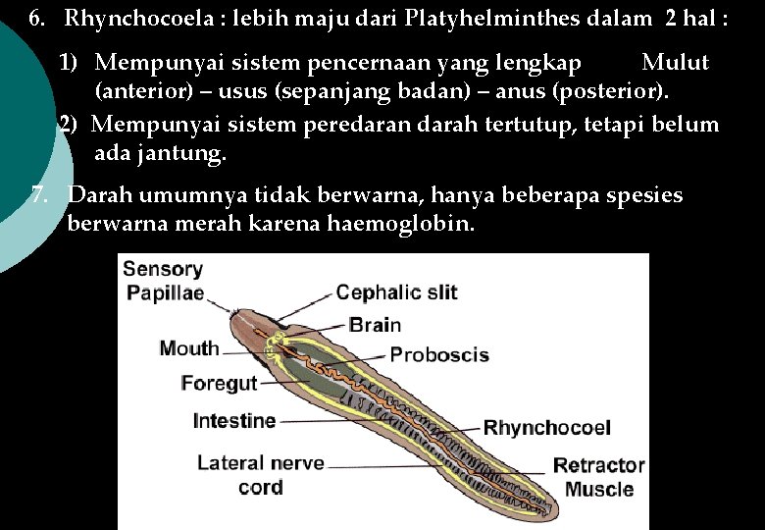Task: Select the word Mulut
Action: coord(675,63)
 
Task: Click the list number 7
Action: coord(39,194)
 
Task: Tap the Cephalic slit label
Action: coord(396,292)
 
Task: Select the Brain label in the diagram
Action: coord(375,325)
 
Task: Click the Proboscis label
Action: coord(439,354)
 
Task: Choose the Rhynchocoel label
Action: coord(547,427)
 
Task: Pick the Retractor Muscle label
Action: coord(598,477)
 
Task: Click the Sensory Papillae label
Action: coord(164,281)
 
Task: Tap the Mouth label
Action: coord(189,348)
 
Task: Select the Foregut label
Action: coord(219,384)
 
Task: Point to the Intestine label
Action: coord(234,421)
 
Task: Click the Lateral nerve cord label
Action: coord(260,475)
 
